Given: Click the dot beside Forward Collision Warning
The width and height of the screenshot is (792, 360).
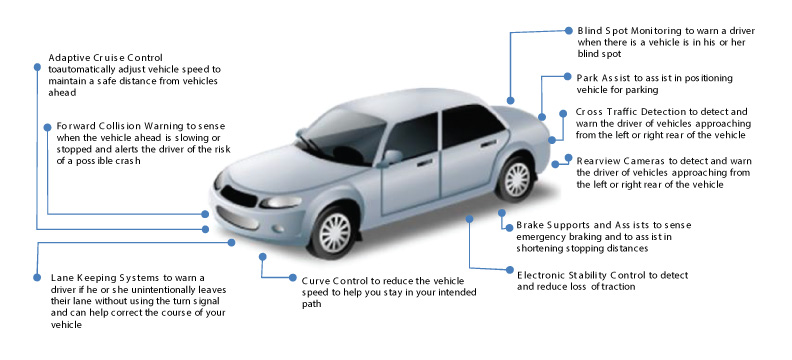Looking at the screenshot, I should coord(38,126).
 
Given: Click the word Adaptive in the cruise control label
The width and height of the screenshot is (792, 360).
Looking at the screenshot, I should coord(69,57).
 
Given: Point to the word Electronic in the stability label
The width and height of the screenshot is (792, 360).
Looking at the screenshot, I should coord(544,273).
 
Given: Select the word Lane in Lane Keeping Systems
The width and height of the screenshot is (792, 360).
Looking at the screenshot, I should coord(60,277).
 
